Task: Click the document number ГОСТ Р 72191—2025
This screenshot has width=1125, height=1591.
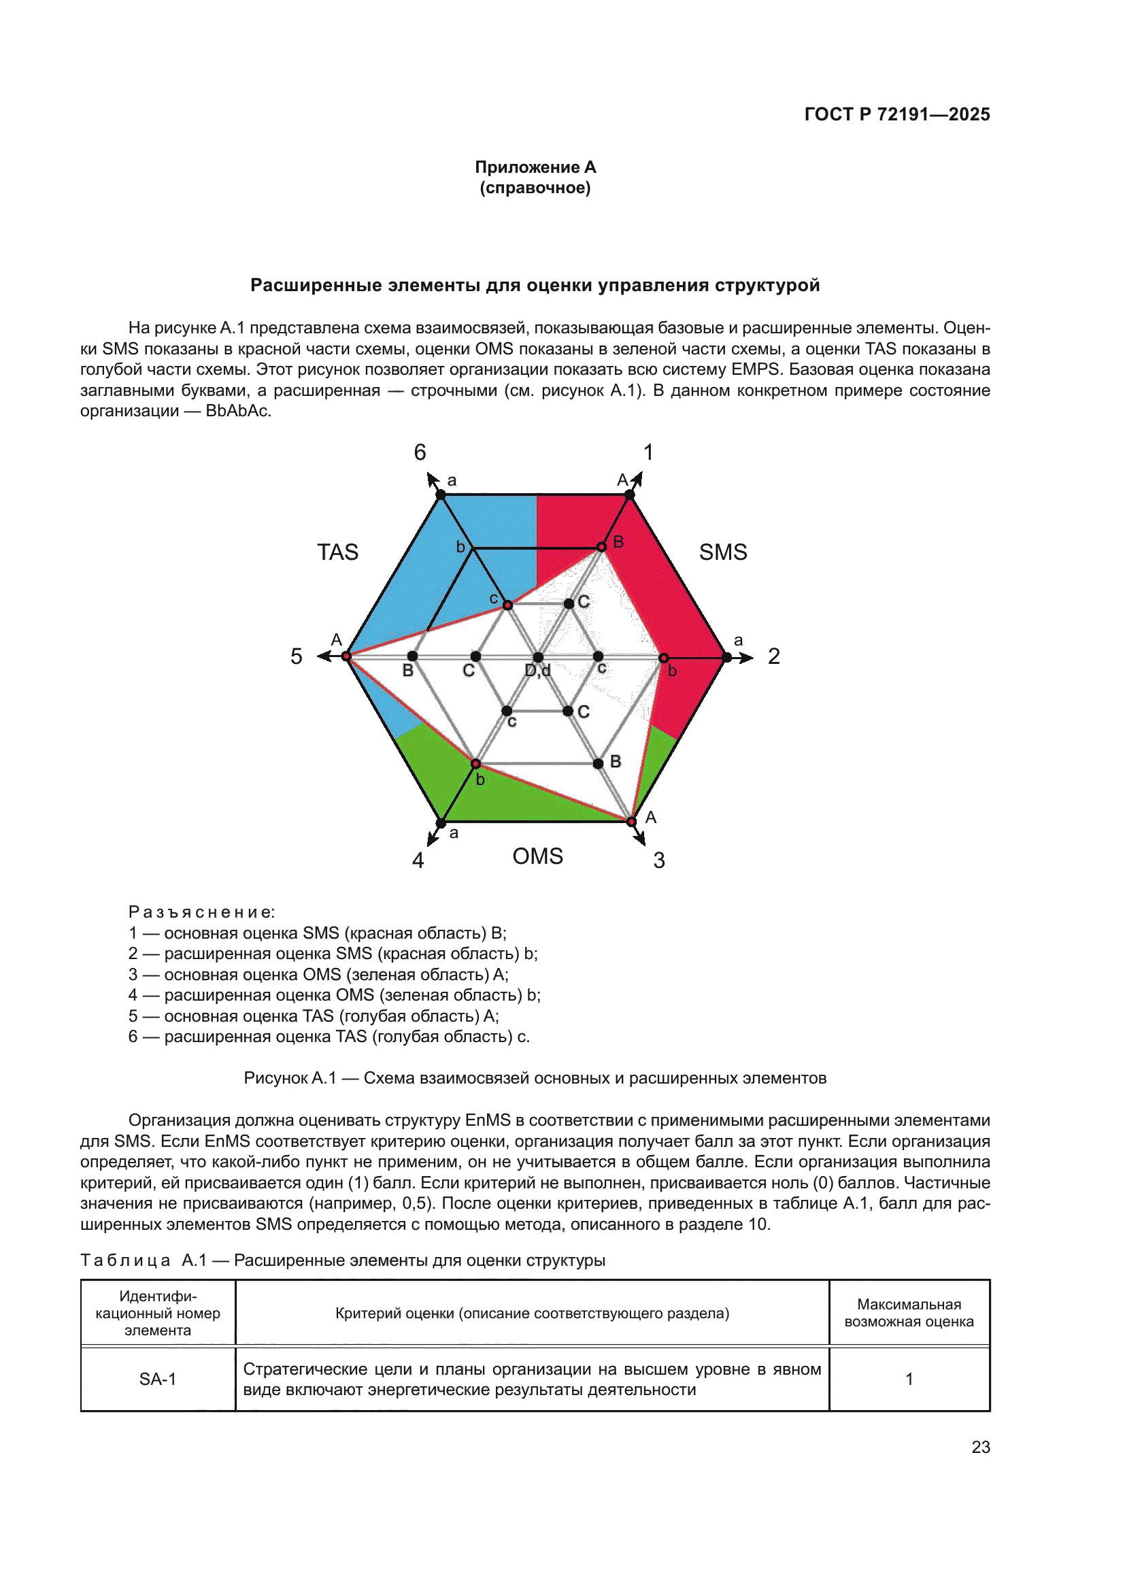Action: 896,114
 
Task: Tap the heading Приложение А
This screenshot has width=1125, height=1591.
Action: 535,167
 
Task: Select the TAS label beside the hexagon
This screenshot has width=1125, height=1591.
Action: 337,552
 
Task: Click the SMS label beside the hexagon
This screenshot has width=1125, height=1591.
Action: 722,552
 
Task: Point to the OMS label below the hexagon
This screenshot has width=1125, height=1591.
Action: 537,856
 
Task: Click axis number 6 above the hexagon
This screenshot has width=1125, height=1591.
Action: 420,452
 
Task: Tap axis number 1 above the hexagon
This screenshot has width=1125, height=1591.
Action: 648,452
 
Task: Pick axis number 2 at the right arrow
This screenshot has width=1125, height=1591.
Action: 774,656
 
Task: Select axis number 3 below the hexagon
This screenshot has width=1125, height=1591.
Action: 659,860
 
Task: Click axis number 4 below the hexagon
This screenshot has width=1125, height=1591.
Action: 418,860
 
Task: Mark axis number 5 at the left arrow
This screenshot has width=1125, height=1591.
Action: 297,656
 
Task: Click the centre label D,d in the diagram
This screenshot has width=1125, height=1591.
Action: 537,671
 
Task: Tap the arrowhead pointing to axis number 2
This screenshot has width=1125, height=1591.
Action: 746,657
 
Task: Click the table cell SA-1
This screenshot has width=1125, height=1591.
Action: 158,1379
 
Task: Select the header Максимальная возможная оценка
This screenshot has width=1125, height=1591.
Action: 909,1313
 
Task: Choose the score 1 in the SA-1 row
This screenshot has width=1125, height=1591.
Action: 909,1379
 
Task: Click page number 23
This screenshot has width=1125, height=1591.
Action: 980,1447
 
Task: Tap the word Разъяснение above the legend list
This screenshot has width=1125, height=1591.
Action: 201,912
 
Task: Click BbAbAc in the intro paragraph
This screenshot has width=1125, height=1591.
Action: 237,411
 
